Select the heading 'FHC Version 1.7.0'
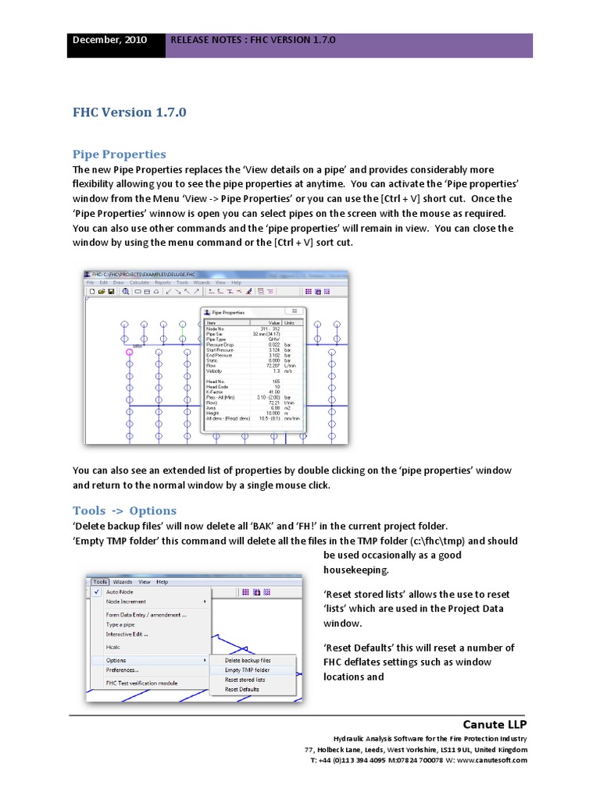point(130,112)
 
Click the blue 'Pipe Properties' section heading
point(119,154)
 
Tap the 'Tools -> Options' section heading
point(124,510)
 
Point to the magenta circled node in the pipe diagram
point(130,353)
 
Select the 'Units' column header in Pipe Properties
point(290,321)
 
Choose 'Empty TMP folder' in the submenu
point(248,669)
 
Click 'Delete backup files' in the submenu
point(248,660)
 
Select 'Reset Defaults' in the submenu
point(242,689)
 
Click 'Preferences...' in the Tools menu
point(123,669)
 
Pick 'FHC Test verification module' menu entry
point(141,683)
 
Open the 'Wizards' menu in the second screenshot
point(123,581)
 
